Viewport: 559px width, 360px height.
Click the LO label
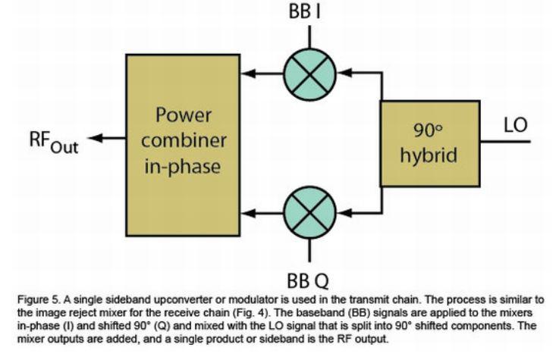[x=515, y=125]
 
